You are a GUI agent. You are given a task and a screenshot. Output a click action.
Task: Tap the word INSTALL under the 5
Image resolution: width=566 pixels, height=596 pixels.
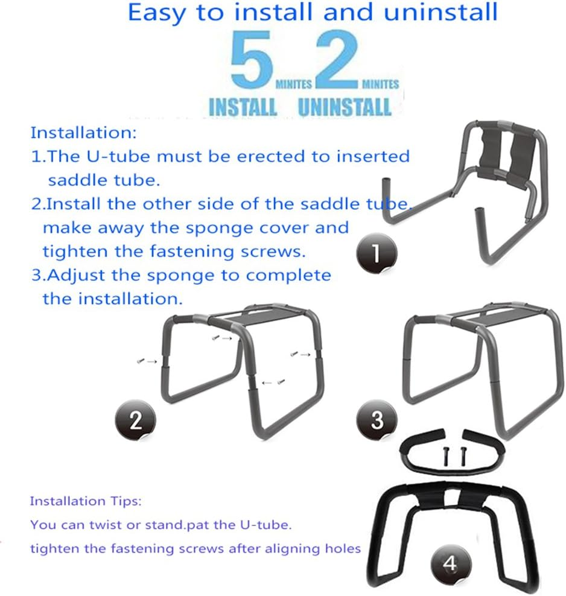(243, 107)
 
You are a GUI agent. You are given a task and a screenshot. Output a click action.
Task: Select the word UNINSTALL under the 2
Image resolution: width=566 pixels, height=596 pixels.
(345, 107)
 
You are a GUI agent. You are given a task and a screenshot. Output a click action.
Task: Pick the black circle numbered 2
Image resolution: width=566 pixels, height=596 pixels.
(136, 419)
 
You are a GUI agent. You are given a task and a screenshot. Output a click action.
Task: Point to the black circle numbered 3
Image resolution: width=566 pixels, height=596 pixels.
(377, 419)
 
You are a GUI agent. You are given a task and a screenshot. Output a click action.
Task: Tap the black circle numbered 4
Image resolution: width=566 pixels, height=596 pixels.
(450, 564)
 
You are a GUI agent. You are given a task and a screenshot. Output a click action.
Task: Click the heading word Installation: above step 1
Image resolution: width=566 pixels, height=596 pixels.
(84, 132)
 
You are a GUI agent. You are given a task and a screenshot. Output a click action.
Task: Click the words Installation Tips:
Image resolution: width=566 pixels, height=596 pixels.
(86, 501)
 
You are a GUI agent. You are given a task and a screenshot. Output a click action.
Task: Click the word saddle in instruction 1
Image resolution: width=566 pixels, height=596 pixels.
(80, 180)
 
